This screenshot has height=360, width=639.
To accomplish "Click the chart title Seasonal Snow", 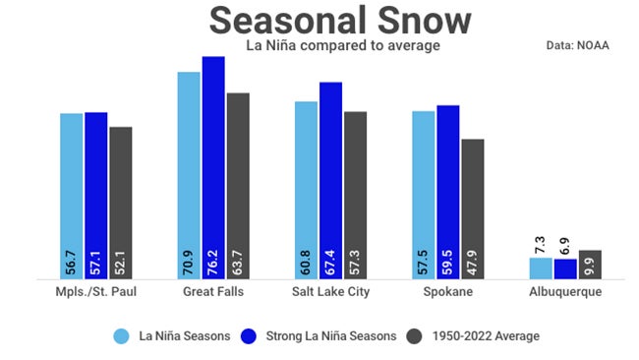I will pyautogui.click(x=340, y=21).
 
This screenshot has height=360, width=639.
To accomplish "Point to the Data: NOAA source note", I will pyautogui.click(x=578, y=45).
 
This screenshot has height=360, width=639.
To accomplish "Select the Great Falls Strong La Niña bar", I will pyautogui.click(x=213, y=167).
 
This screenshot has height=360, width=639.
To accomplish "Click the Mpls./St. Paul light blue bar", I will pyautogui.click(x=72, y=196).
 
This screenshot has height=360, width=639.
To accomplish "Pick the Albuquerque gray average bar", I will pyautogui.click(x=590, y=264).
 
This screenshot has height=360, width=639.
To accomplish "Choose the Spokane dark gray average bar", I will pyautogui.click(x=473, y=209).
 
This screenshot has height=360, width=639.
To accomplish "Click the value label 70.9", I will pyautogui.click(x=190, y=263).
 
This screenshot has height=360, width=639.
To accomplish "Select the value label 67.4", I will pyautogui.click(x=331, y=263).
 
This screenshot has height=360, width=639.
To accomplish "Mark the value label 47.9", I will pyautogui.click(x=473, y=263).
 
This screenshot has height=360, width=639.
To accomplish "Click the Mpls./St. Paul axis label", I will pyautogui.click(x=95, y=293).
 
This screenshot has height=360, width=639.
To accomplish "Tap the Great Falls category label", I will pyautogui.click(x=214, y=293).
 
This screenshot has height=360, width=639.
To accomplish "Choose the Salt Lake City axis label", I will pyautogui.click(x=331, y=293).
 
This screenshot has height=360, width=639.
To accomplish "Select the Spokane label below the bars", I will pyautogui.click(x=448, y=293).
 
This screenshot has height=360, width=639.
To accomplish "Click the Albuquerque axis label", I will pyautogui.click(x=565, y=293).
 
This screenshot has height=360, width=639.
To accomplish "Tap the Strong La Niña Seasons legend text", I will pyautogui.click(x=331, y=336).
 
